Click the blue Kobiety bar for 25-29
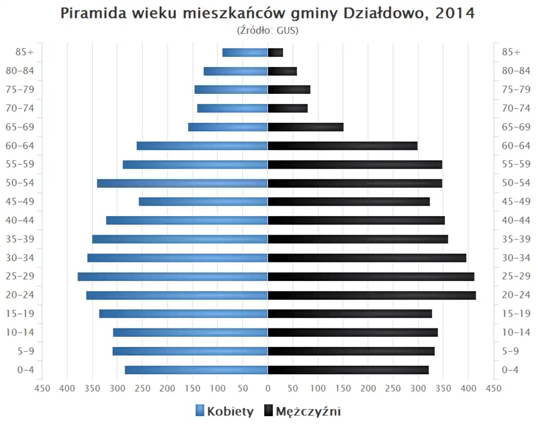(173, 277)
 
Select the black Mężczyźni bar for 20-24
(372, 295)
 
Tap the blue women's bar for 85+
(245, 53)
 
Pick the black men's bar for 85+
(275, 53)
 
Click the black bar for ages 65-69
(305, 127)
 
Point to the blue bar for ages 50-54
(183, 183)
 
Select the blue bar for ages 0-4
(197, 370)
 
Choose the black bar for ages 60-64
(343, 146)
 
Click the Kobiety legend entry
(224, 412)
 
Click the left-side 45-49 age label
(20, 202)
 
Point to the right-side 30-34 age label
(516, 258)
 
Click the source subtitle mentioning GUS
(268, 30)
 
